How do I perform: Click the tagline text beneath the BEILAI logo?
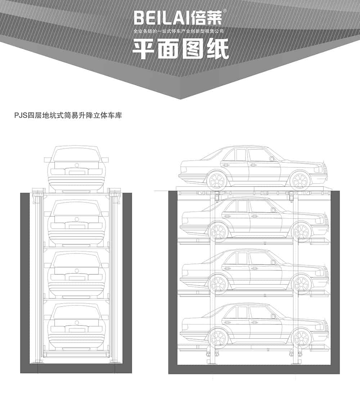coord(179,32)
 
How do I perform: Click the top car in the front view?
coord(77,168)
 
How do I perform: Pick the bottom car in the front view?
coord(77,326)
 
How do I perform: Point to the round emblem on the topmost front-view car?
coord(77,165)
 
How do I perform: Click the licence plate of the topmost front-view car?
coord(77,172)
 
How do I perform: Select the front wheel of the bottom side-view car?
coord(301,338)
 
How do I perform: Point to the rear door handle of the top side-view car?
coord(226,165)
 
